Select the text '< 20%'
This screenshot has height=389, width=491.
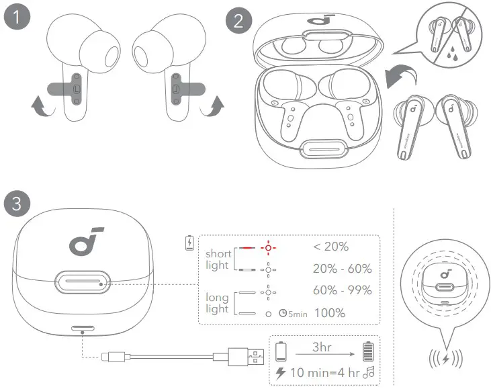click(331, 247)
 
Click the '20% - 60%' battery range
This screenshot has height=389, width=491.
click(342, 269)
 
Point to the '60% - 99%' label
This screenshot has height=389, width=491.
click(342, 291)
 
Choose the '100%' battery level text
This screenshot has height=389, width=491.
click(329, 313)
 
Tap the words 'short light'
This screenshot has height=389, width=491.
click(218, 259)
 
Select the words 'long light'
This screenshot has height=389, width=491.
click(217, 302)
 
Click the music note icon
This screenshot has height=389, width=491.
click(367, 372)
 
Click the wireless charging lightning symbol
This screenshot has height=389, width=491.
click(445, 357)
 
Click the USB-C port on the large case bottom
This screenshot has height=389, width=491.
click(82, 329)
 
